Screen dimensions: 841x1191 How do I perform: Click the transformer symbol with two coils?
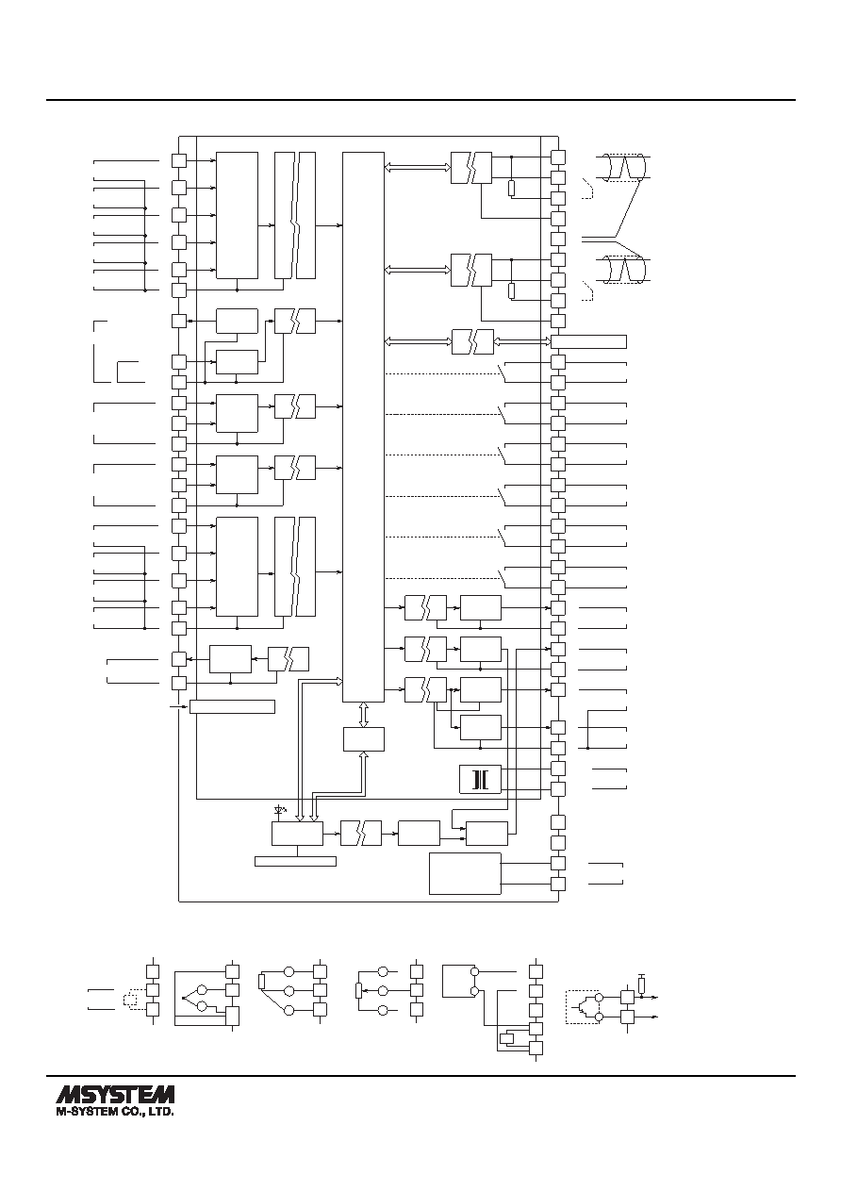pyautogui.click(x=480, y=780)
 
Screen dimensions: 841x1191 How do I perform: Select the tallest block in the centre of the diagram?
pyautogui.click(x=363, y=427)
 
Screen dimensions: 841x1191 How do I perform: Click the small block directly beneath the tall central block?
pyautogui.click(x=364, y=739)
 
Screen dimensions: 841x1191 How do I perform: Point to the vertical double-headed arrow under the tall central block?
pyautogui.click(x=364, y=715)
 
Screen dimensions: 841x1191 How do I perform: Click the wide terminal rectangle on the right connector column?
pyautogui.click(x=588, y=341)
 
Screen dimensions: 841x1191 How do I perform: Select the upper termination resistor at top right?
pyautogui.click(x=511, y=189)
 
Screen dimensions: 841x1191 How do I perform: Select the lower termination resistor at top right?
pyautogui.click(x=511, y=290)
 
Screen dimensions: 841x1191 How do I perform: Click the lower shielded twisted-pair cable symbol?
pyautogui.click(x=626, y=270)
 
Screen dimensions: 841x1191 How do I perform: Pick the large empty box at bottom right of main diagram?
pyautogui.click(x=465, y=873)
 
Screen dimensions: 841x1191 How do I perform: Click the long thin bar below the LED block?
pyautogui.click(x=295, y=861)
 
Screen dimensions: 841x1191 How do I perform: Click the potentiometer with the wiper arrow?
pyautogui.click(x=358, y=991)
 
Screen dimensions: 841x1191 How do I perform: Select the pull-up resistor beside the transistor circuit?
pyautogui.click(x=642, y=985)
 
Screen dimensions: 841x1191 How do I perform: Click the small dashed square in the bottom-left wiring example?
pyautogui.click(x=130, y=999)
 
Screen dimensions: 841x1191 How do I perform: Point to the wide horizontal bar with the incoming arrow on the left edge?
pyautogui.click(x=232, y=706)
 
